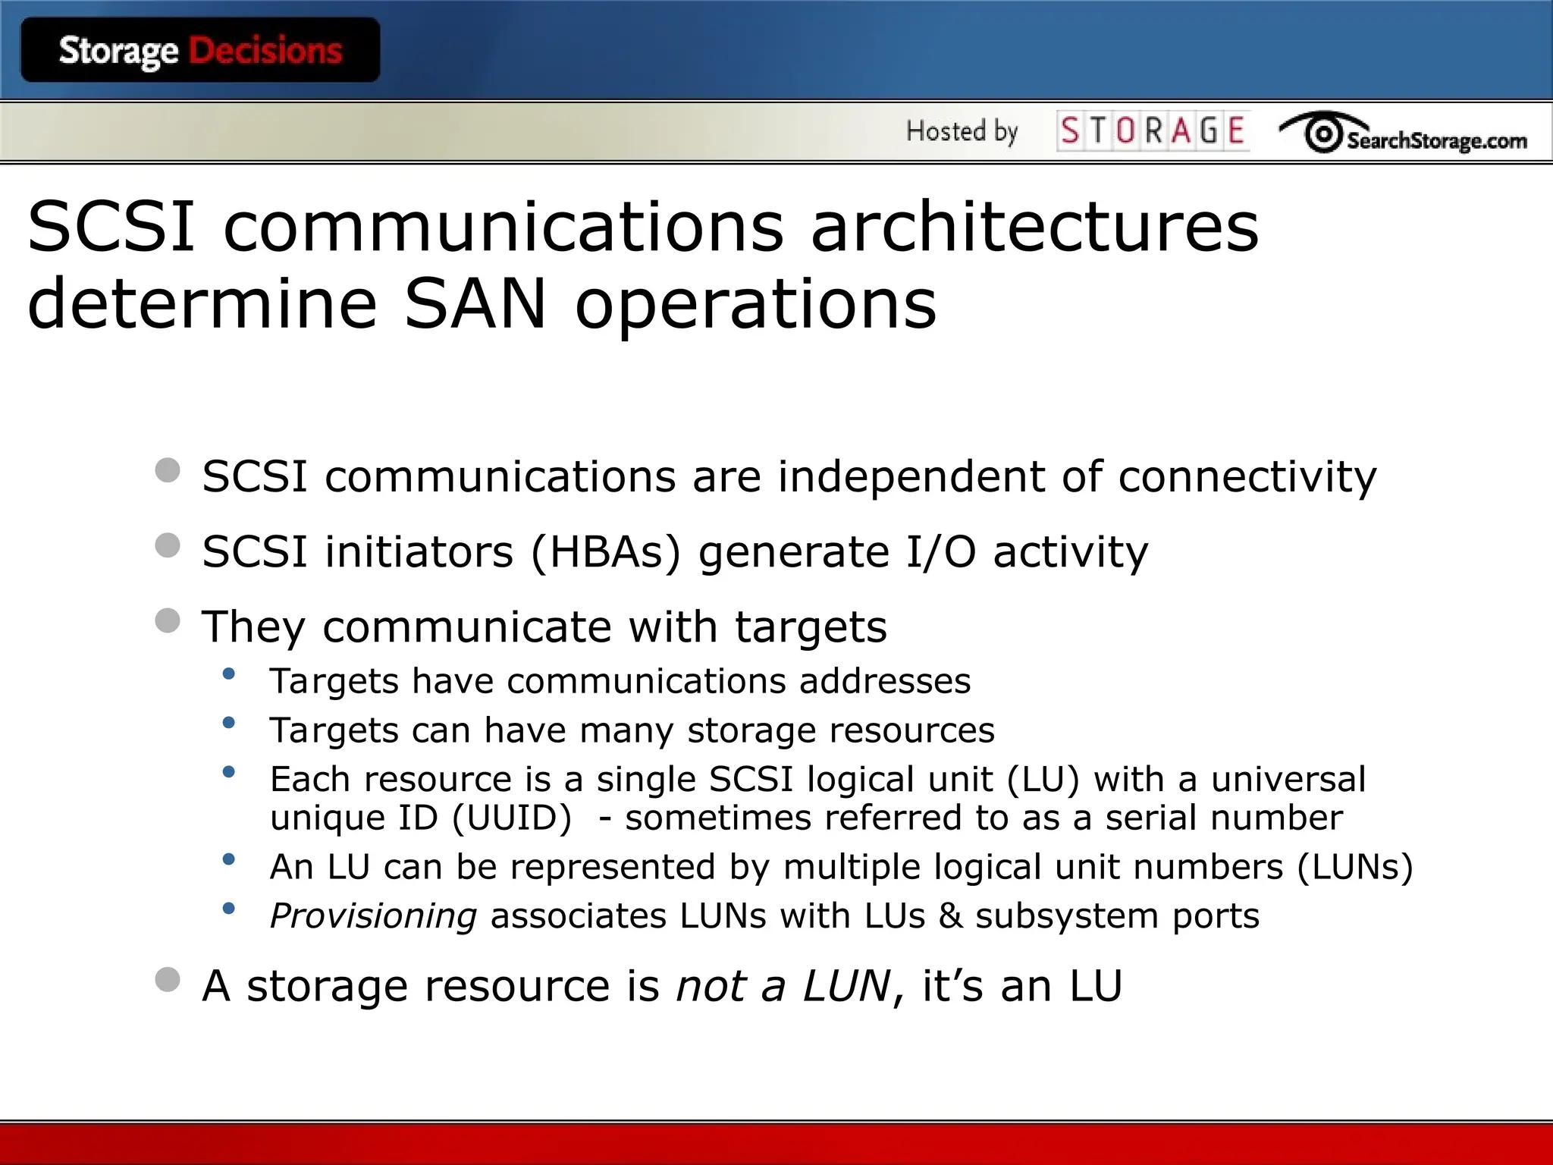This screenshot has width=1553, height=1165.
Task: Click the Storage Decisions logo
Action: (200, 50)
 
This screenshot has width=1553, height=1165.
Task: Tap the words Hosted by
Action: (962, 132)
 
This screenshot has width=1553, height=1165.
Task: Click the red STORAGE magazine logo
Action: (1153, 130)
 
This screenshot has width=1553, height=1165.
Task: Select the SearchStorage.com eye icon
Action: (1323, 133)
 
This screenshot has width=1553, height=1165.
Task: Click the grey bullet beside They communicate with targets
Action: (168, 621)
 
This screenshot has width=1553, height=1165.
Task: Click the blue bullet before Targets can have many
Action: (228, 723)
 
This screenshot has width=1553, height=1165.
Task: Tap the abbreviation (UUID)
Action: (512, 818)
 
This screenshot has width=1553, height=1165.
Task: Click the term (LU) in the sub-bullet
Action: (1043, 779)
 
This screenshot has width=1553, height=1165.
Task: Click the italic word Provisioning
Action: (373, 916)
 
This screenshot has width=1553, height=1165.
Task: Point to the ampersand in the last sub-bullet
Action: (951, 915)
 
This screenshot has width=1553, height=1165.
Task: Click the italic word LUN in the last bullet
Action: (846, 985)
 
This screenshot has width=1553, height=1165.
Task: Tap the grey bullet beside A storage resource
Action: (168, 979)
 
